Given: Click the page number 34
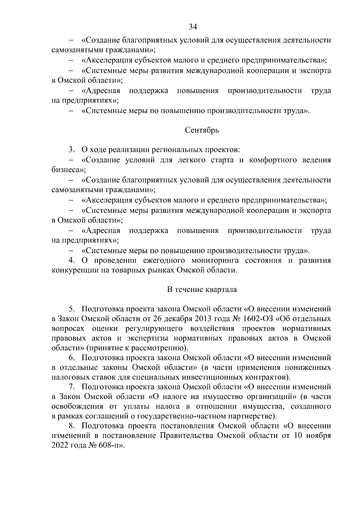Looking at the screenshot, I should pyautogui.click(x=193, y=27).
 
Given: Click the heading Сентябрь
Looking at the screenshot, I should pyautogui.click(x=202, y=130).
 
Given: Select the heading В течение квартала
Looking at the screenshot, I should pyautogui.click(x=202, y=290).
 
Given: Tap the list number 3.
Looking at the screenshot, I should pyautogui.click(x=71, y=149).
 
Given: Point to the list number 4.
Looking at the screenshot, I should pyautogui.click(x=71, y=260).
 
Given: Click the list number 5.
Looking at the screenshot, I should pyautogui.click(x=71, y=308).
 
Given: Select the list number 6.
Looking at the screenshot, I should pyautogui.click(x=71, y=358).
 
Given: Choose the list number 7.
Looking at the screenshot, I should pyautogui.click(x=71, y=387).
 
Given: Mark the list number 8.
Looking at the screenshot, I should pyautogui.click(x=71, y=426).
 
